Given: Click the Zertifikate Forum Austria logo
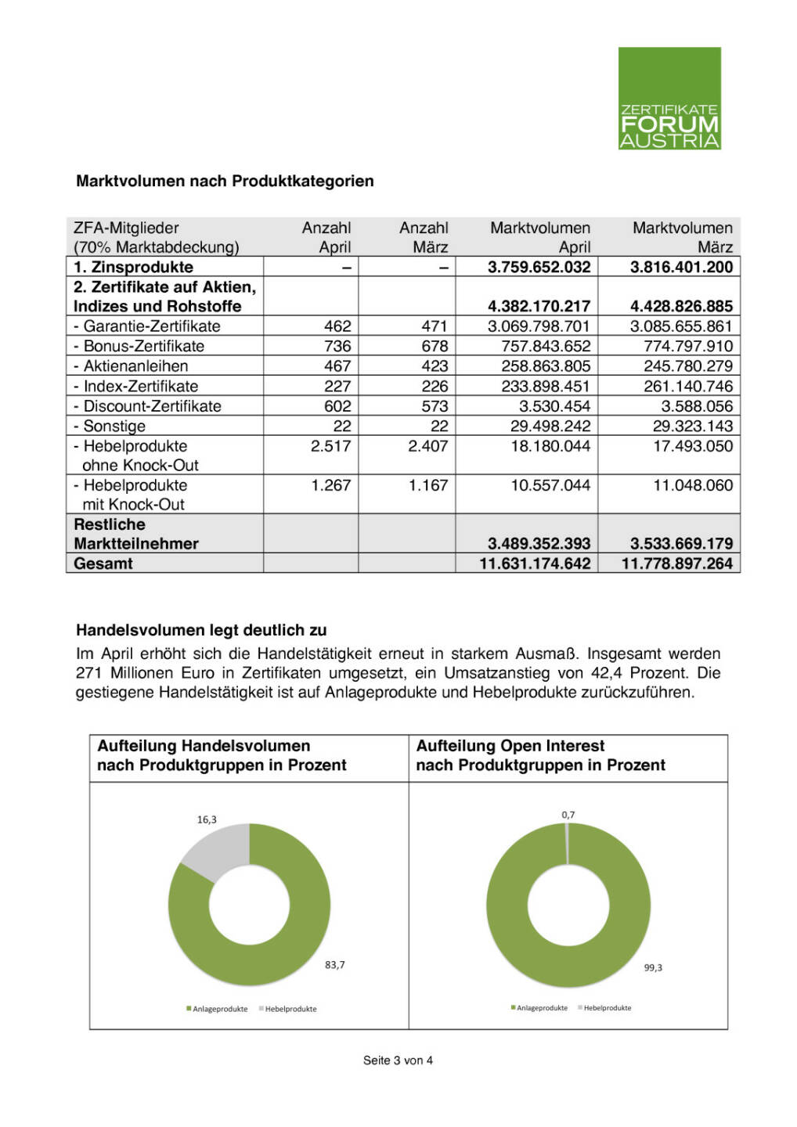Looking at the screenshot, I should tap(669, 98).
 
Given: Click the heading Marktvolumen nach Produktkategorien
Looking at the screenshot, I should tap(225, 181).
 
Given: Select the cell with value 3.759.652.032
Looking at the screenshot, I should tap(539, 267).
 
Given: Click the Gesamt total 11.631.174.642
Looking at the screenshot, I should tap(535, 563).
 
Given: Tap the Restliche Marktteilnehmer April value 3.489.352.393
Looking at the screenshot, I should tap(539, 543).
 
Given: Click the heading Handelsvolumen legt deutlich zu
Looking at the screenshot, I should tap(201, 630).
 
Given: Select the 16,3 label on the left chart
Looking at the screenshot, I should tap(207, 819).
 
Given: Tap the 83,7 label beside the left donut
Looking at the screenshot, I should tap(334, 965).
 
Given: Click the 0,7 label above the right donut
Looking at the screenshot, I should tap(568, 815).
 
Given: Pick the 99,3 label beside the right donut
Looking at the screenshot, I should tap(653, 968).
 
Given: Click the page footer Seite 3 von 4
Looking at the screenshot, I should tap(398, 1060).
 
